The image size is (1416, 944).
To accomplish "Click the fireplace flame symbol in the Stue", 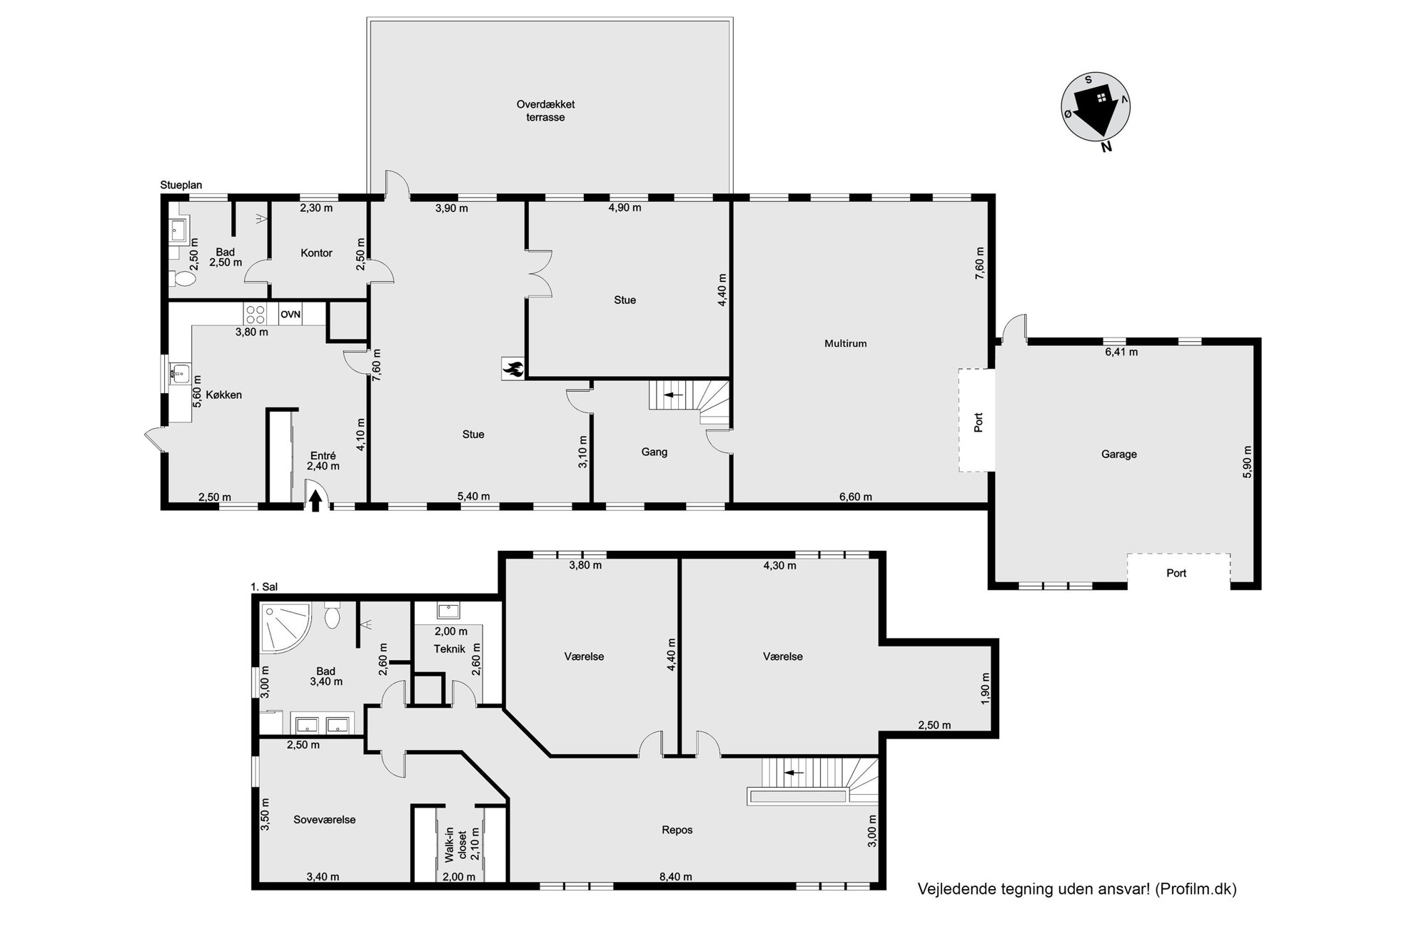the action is (512, 369).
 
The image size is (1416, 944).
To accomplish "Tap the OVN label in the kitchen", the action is (290, 315).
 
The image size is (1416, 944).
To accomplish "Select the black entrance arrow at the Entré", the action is (314, 502).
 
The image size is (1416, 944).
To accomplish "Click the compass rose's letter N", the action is (1106, 148).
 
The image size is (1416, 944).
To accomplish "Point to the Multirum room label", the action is (845, 344).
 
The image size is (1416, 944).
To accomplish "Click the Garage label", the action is (1118, 455).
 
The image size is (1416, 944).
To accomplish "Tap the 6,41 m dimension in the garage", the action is (1121, 352).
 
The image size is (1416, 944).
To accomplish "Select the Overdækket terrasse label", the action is (545, 111).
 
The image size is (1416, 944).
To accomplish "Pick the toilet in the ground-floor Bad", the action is (184, 278).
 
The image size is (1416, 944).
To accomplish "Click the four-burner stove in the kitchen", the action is (256, 315).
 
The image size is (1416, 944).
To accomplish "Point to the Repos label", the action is (677, 831).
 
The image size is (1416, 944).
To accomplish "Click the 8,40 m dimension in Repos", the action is (675, 877).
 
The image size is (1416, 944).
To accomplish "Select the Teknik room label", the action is (450, 649).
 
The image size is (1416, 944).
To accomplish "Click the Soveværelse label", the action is (325, 820).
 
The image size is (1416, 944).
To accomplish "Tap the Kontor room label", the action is (316, 253).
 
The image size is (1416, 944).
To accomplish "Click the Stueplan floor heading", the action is (181, 185).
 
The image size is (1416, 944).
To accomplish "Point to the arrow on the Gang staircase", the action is (674, 395).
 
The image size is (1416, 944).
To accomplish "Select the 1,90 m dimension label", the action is (985, 689).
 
